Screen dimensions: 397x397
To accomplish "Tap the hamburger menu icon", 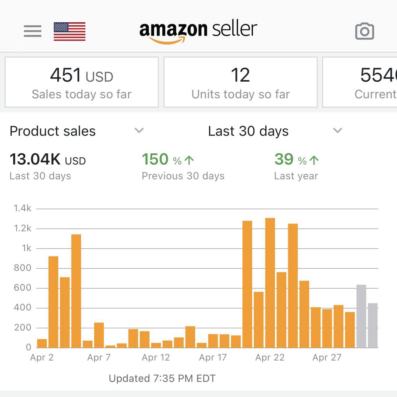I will coord(32,31).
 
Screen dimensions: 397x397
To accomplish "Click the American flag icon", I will coord(70,32).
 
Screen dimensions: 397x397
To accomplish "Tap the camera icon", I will coord(365,31).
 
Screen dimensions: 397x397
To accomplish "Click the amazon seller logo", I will coord(198,31).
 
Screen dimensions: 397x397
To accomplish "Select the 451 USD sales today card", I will coord(82,82).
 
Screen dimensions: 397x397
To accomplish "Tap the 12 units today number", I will coord(240,75).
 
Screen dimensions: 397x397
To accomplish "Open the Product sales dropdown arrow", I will coord(139,130).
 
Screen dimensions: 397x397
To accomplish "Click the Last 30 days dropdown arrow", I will coord(337,130).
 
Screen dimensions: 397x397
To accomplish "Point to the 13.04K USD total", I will coord(48,160).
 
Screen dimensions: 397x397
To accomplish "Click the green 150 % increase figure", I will coord(167,160).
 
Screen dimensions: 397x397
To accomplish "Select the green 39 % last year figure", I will coord(296,160).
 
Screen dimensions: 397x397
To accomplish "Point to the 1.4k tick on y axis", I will coord(23,208).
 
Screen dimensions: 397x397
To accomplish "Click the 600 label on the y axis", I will coord(23,288).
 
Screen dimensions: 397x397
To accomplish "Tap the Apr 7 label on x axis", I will coord(99,357).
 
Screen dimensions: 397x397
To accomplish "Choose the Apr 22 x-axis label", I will coord(270,357).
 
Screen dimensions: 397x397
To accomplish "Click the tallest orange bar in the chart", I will coord(270,283).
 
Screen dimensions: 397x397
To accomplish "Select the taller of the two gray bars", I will coord(361,316).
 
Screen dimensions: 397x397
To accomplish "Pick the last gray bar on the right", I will coord(373,325).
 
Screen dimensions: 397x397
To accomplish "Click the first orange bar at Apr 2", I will coord(42,343).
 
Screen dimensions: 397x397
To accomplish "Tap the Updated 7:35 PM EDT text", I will coord(162,378).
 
